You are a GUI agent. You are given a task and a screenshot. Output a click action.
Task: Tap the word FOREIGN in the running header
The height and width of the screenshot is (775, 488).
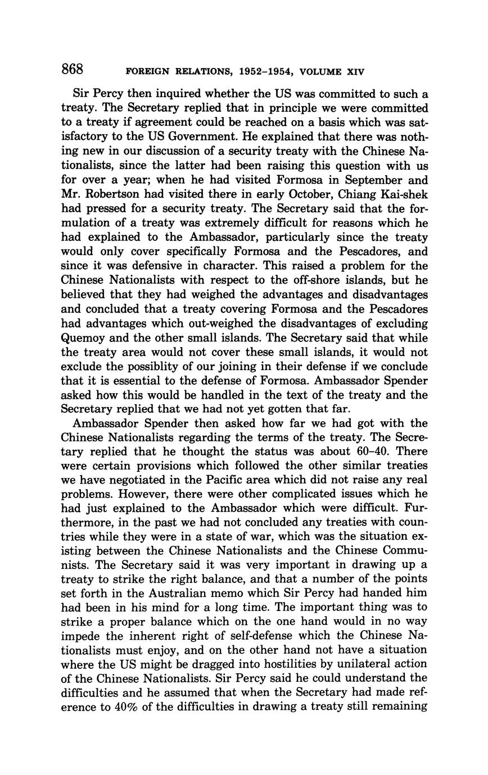pyautogui.click(x=148, y=72)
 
